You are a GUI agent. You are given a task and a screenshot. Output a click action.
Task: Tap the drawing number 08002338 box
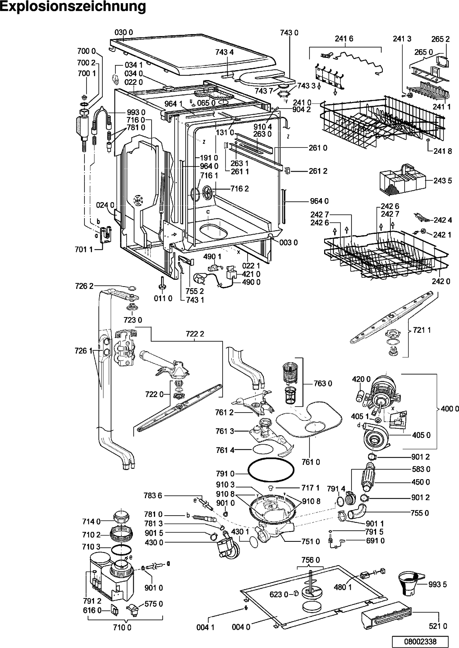(x=420, y=641)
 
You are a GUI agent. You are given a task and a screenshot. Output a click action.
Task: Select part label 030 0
(x=124, y=32)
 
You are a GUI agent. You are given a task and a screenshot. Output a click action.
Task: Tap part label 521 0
(x=438, y=626)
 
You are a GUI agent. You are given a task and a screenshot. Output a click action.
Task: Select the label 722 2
(x=195, y=334)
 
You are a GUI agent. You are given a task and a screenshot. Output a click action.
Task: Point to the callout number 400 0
(x=450, y=409)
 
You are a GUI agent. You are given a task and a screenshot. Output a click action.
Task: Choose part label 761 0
(x=311, y=462)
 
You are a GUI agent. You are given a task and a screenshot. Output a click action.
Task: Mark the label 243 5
(x=443, y=180)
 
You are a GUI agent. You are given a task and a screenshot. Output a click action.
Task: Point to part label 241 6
(x=344, y=38)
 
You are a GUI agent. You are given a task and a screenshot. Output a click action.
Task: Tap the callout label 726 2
(x=84, y=286)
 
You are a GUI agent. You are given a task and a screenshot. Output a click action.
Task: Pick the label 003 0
(x=289, y=243)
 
